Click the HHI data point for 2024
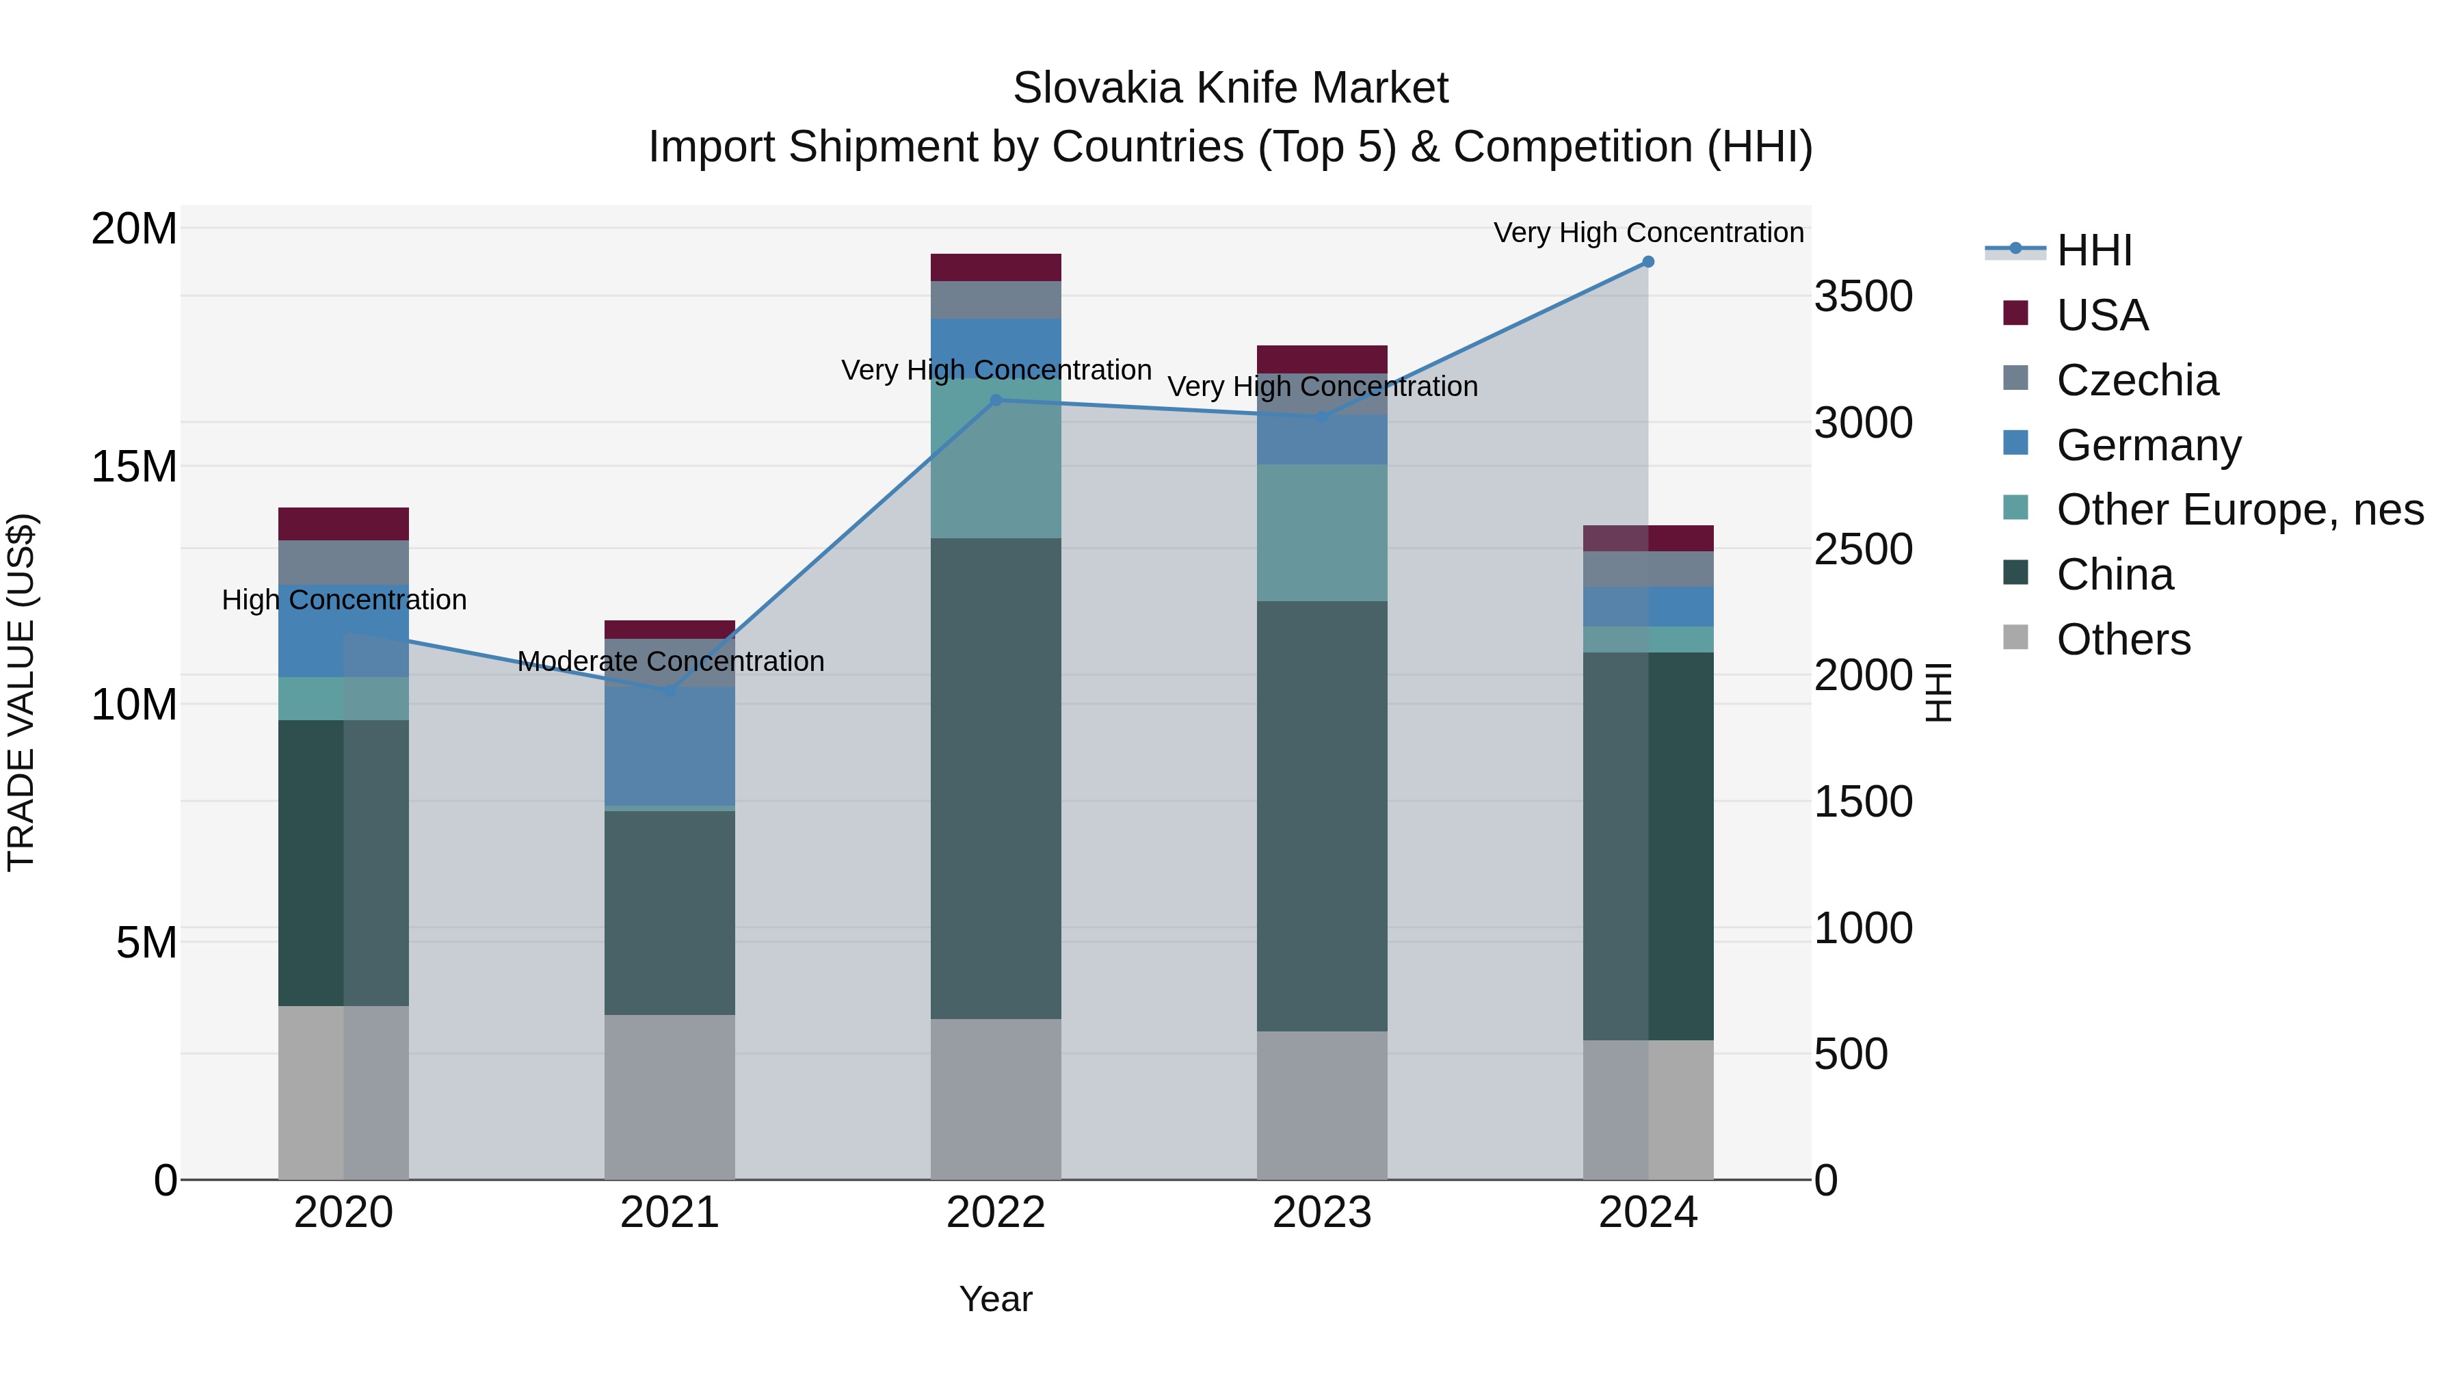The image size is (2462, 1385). tap(1647, 262)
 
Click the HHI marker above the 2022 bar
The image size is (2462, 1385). tap(996, 401)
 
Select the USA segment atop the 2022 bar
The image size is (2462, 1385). tap(996, 267)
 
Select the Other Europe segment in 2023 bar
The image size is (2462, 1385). tap(1322, 532)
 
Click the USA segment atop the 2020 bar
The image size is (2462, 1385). tap(343, 524)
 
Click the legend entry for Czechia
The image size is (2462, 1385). tap(2137, 380)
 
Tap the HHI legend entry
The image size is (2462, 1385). tap(2093, 250)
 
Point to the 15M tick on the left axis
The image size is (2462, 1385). tap(134, 466)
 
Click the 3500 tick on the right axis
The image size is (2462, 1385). tap(1863, 296)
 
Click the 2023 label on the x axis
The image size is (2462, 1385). tap(1322, 1213)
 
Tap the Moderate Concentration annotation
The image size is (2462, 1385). tap(670, 661)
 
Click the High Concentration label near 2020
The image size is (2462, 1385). tap(344, 601)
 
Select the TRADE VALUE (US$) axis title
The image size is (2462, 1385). tap(21, 692)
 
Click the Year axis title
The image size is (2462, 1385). tap(996, 1299)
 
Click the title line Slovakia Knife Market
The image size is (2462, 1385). tap(1230, 88)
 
